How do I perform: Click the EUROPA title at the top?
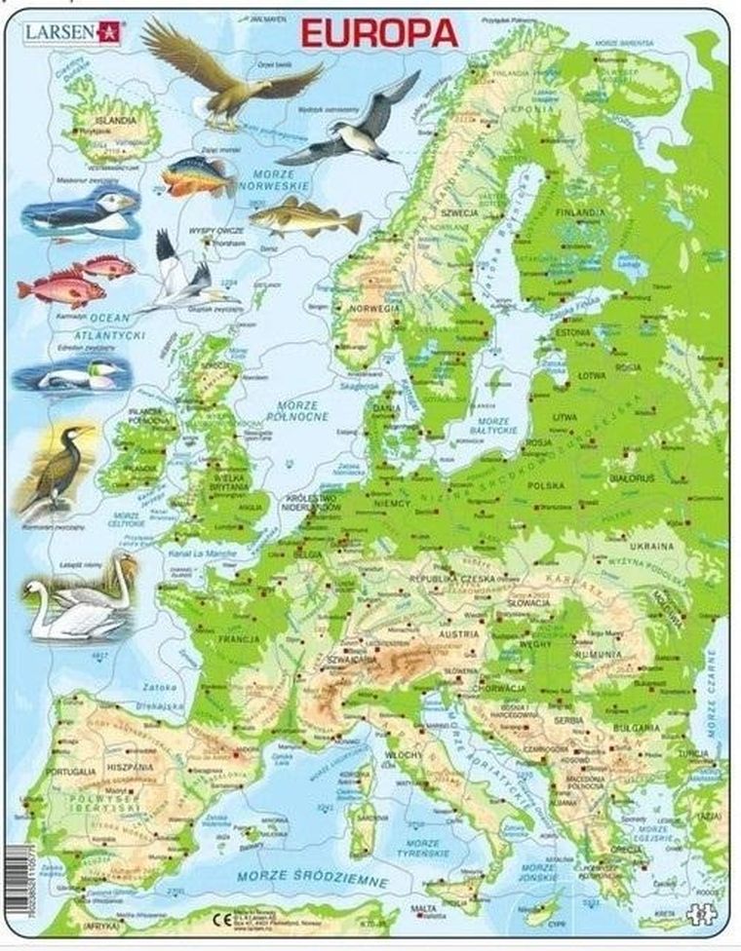(x=379, y=33)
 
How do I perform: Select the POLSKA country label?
(x=546, y=484)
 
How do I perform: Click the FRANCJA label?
(x=239, y=640)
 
